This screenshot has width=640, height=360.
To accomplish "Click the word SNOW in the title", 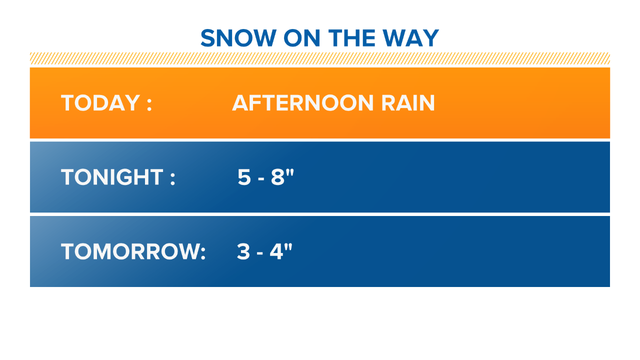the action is click(x=238, y=38).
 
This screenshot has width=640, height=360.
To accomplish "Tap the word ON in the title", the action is click(x=301, y=38).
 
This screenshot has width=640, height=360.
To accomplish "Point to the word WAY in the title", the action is click(x=411, y=38).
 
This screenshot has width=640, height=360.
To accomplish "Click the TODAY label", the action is click(x=100, y=103).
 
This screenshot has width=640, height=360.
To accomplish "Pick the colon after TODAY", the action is click(x=149, y=104).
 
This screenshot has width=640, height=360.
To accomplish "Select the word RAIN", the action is click(x=408, y=103).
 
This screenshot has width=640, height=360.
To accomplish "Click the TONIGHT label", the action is click(x=112, y=177).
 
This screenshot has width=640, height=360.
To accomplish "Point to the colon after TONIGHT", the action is click(x=172, y=179).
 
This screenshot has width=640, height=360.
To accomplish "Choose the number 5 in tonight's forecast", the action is click(x=244, y=177).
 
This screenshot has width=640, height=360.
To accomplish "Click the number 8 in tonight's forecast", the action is click(x=277, y=177).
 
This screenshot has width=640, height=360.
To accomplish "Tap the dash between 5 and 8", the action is click(x=261, y=179).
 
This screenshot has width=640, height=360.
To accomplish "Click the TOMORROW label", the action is click(x=129, y=251).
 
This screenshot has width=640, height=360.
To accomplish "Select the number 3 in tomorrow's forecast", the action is click(x=243, y=251).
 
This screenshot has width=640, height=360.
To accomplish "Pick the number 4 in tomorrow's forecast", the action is click(x=276, y=251).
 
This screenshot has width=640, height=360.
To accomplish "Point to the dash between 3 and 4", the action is click(x=259, y=253).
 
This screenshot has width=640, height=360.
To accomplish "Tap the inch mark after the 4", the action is click(x=288, y=247).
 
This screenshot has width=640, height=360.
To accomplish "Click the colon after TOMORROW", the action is click(x=203, y=253).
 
